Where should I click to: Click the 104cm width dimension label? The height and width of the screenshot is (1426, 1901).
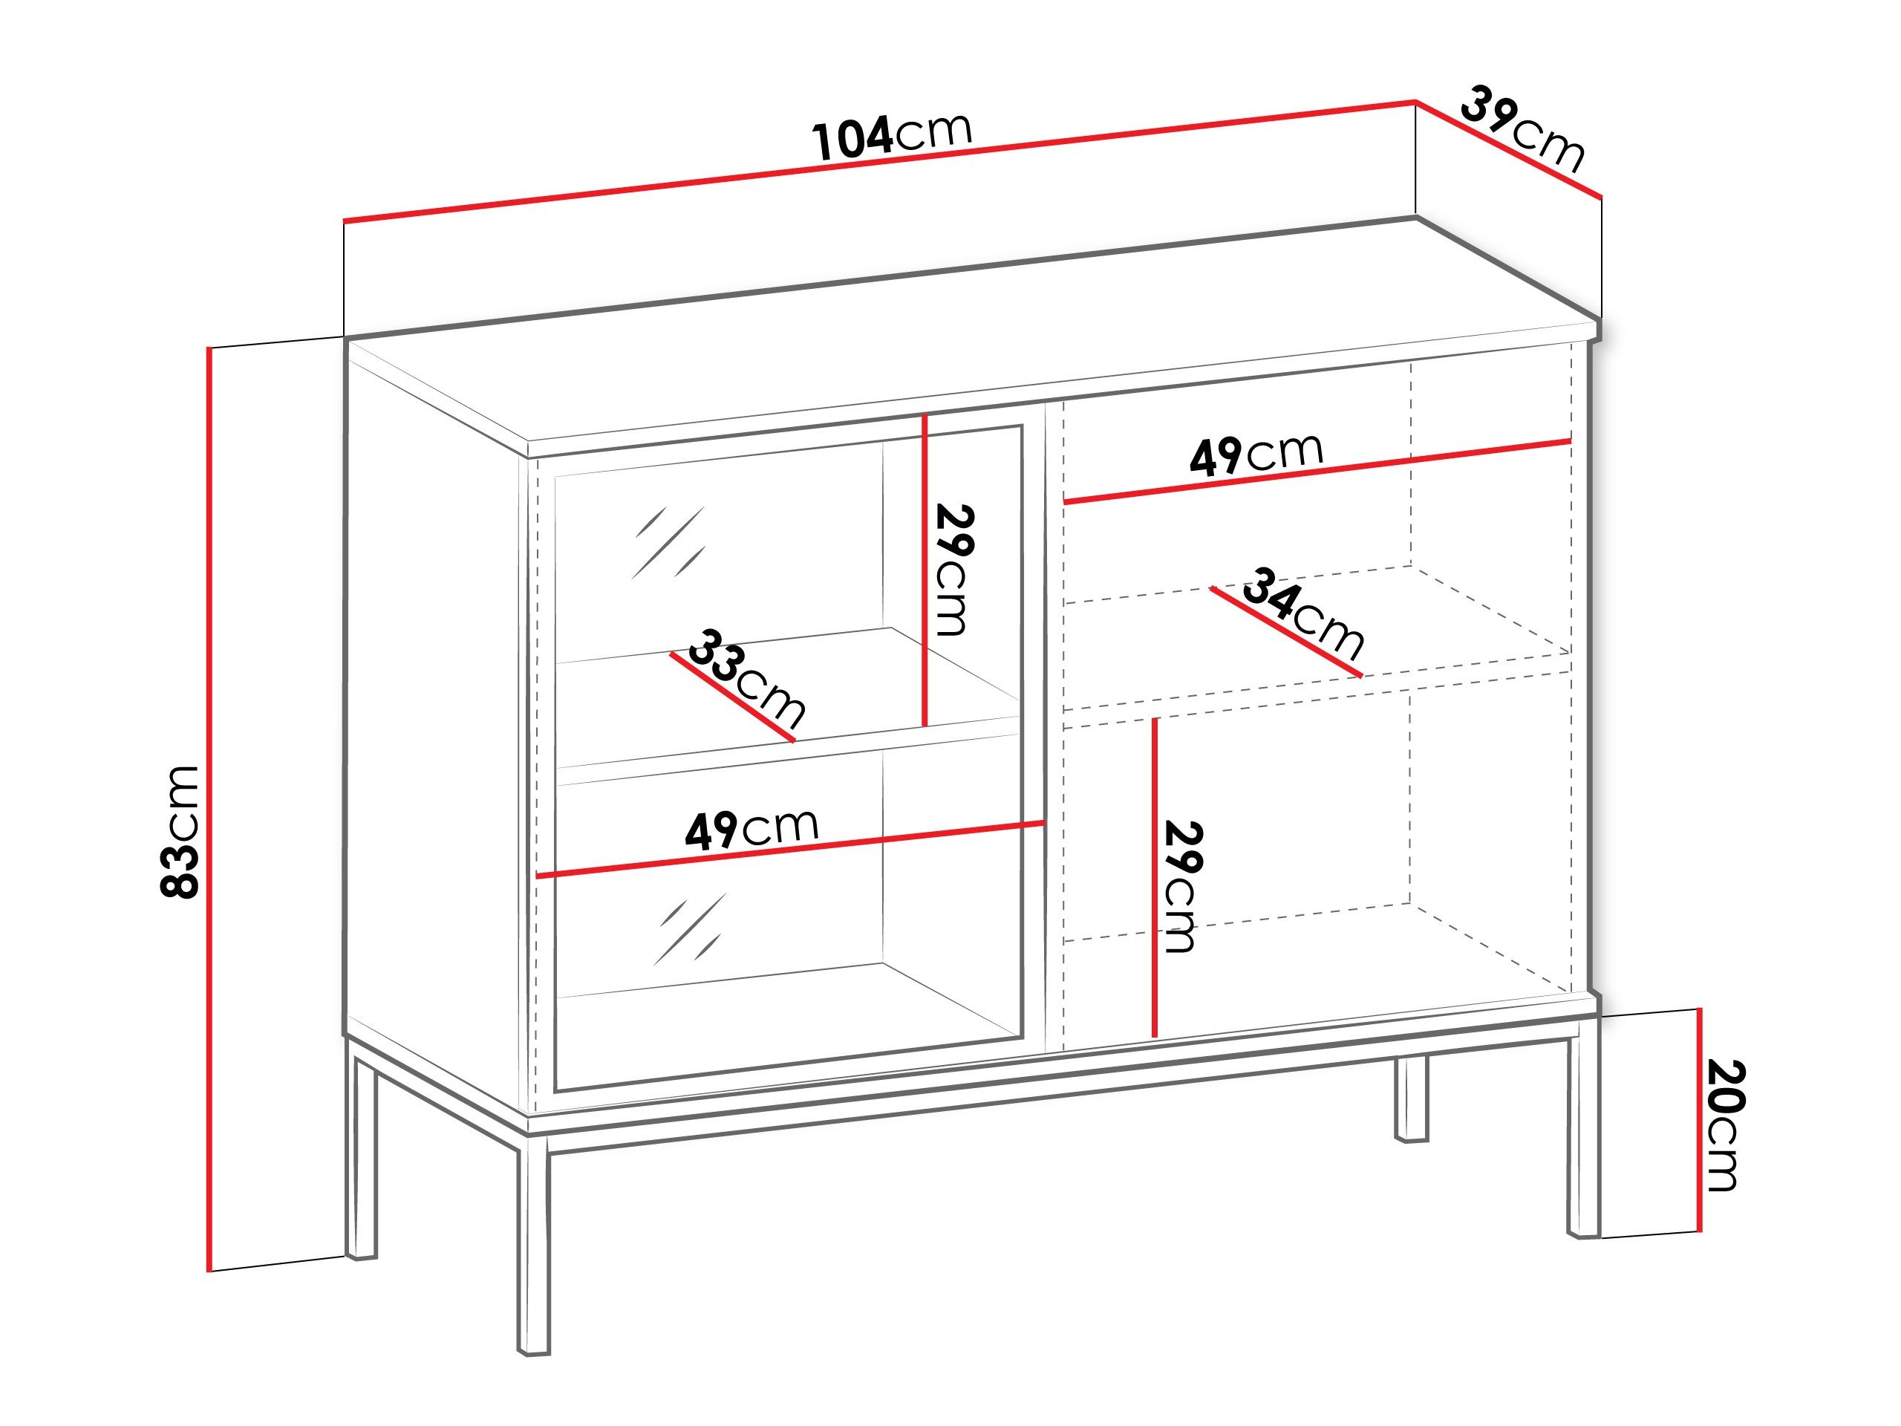pos(891,136)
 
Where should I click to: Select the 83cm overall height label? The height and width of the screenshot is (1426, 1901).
pos(180,831)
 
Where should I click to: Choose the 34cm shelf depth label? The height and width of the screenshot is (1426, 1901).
pos(1302,611)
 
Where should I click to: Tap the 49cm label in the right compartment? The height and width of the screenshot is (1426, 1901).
pos(1256,455)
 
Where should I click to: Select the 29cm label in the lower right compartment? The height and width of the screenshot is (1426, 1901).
pos(1181,886)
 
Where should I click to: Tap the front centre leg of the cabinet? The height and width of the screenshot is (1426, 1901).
pos(534,1246)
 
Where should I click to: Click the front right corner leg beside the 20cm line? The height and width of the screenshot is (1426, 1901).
pos(1584,1135)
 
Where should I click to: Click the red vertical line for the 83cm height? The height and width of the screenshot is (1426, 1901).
pos(209,808)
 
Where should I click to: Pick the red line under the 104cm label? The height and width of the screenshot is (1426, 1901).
pos(876,163)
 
